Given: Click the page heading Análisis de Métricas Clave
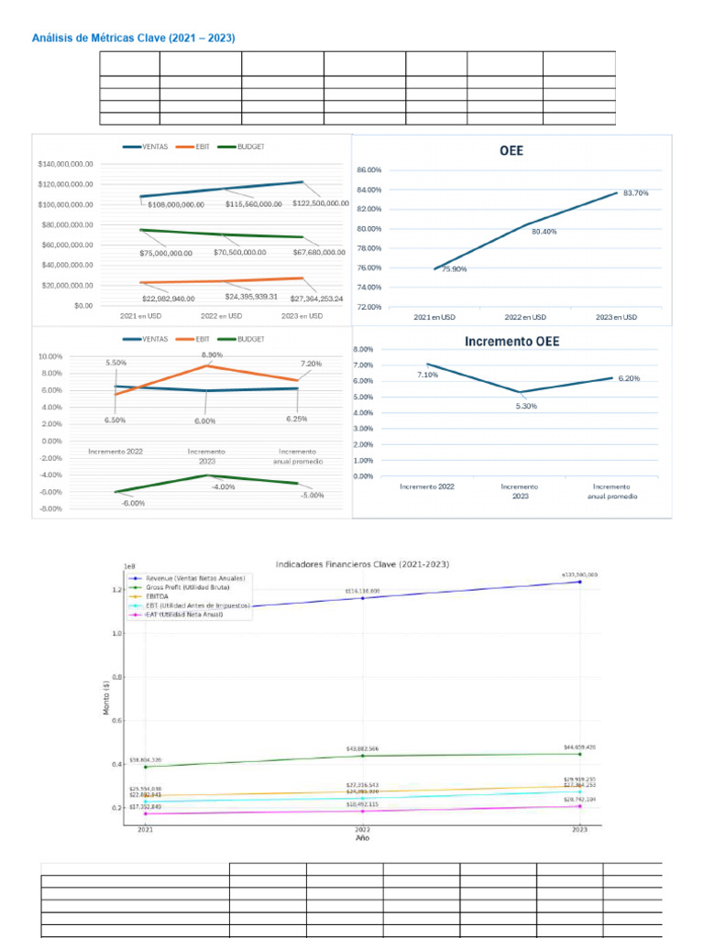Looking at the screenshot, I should click(x=134, y=38).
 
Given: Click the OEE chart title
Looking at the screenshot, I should click(x=511, y=151).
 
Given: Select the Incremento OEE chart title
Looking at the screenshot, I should click(x=511, y=341).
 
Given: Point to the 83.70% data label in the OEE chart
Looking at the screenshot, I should click(x=635, y=193).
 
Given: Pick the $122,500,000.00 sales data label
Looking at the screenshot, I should click(x=321, y=203).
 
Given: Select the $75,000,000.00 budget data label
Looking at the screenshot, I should click(x=166, y=252).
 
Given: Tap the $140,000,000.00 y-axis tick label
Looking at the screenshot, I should click(x=65, y=164).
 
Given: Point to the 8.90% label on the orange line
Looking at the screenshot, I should click(x=210, y=354).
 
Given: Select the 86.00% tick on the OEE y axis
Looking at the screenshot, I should click(x=368, y=170).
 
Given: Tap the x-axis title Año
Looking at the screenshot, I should click(x=363, y=837).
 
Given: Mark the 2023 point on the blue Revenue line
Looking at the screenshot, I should click(x=579, y=582).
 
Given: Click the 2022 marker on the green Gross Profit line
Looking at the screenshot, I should click(x=363, y=756).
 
